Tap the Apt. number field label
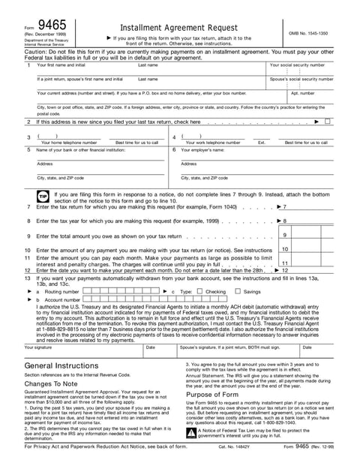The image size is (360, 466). [301, 93]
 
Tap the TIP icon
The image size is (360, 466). [43, 197]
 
